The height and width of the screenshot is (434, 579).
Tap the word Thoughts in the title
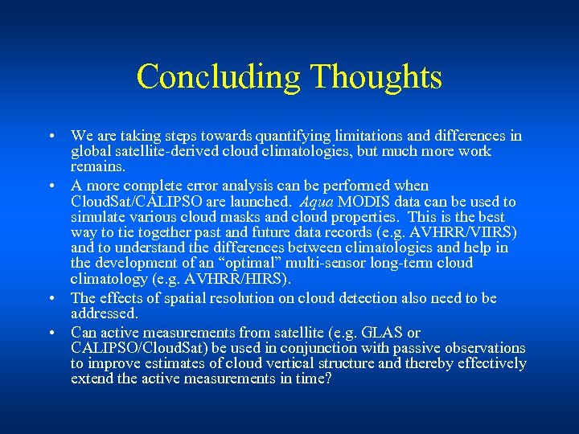376,77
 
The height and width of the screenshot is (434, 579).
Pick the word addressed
105,313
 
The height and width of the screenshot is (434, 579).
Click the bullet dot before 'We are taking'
51,137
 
